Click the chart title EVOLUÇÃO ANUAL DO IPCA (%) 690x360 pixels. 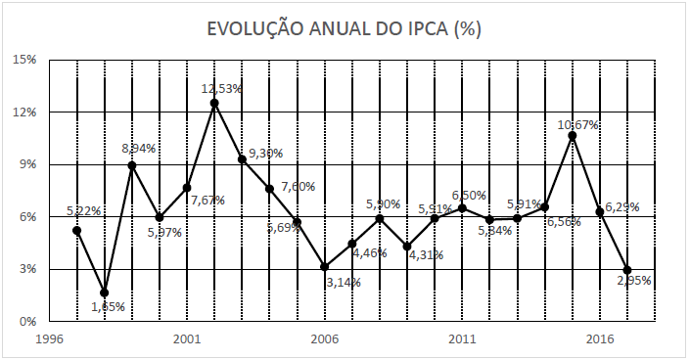click(344, 29)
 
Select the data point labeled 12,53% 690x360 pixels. click(214, 103)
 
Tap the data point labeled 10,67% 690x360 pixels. click(573, 135)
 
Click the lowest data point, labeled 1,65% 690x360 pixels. click(105, 292)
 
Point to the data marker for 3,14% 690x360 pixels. click(325, 266)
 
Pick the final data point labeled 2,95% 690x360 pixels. click(627, 270)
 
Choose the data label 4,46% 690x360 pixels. click(368, 253)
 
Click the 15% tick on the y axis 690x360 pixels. click(24, 60)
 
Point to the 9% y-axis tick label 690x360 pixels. click(27, 164)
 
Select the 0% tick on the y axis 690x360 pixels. click(27, 321)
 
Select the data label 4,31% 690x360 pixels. click(424, 255)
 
